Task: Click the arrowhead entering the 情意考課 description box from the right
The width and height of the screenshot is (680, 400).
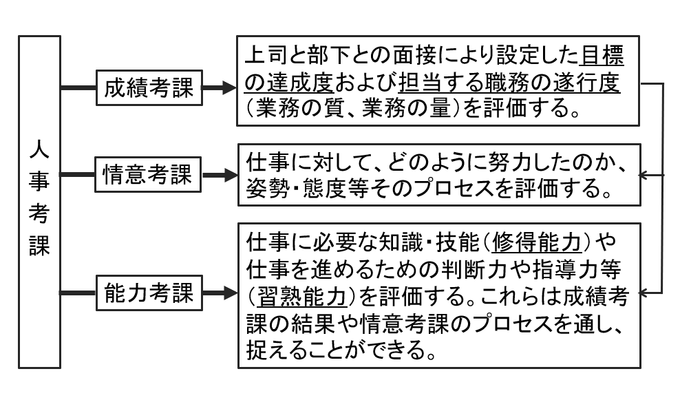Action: point(646,175)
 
